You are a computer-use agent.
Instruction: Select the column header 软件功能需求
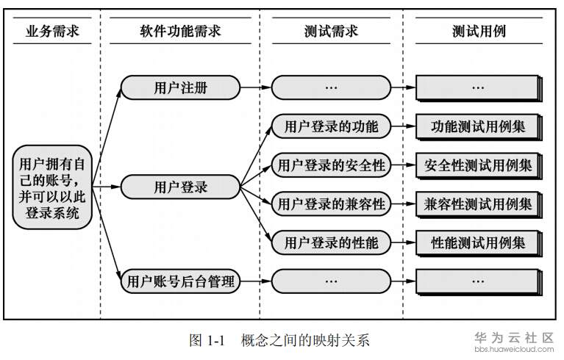click(x=180, y=32)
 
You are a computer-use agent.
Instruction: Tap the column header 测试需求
click(x=330, y=32)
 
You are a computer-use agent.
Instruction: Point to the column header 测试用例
click(x=479, y=32)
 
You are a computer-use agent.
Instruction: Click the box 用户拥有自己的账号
click(x=51, y=187)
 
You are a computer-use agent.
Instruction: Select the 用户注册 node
click(x=180, y=88)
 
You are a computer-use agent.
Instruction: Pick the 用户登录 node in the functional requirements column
click(x=180, y=187)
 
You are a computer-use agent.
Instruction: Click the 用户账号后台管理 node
click(x=180, y=280)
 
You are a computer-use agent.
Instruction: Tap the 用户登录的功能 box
click(x=331, y=126)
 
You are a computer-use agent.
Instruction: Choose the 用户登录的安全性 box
click(x=331, y=165)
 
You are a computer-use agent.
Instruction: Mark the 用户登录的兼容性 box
click(x=331, y=204)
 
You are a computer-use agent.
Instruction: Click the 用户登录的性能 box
click(x=331, y=242)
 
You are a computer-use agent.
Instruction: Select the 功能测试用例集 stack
click(x=479, y=126)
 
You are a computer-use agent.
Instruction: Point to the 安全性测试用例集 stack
click(x=479, y=165)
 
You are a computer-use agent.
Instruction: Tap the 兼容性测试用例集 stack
click(x=479, y=204)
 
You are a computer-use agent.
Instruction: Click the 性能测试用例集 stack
click(x=479, y=242)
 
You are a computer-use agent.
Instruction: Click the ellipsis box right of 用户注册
click(x=331, y=88)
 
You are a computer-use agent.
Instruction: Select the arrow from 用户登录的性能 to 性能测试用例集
click(x=403, y=242)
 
